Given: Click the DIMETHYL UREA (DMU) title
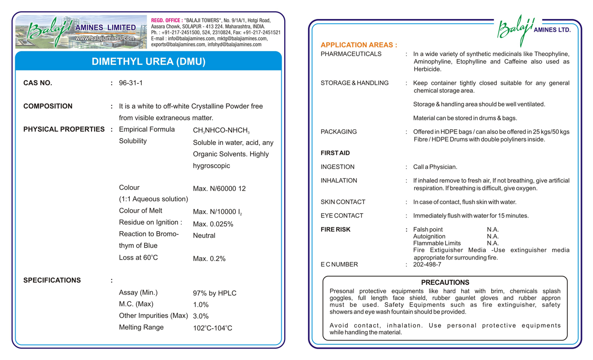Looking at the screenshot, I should coord(148,62).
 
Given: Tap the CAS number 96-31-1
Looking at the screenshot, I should coord(131,83).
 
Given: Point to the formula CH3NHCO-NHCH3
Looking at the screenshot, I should coord(221,130).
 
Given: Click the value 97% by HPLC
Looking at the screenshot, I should coord(215,293).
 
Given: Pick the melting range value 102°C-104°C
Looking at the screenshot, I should coord(213,328).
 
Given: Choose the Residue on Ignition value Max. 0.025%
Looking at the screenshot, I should coord(213,224).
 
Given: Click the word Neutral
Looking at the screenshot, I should coord(204,235).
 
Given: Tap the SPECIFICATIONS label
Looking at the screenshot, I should coord(52,280).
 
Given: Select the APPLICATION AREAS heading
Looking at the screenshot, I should coord(359,45).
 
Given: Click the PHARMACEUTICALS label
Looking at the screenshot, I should coord(351,54).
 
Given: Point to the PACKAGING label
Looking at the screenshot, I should coord(339,132).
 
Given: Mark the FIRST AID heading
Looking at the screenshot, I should coord(335,153).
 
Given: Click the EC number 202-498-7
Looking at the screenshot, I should coord(427,264).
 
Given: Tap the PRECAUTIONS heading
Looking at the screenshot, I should coord(445,282).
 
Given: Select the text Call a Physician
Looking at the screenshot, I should coord(435,167).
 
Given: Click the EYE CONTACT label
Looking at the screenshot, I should coord(342,216).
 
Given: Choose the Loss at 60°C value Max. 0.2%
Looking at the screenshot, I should coord(209,259).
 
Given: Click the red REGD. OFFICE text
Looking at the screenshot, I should coord(166,20).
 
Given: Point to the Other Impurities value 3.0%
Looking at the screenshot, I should coord(201,316).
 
